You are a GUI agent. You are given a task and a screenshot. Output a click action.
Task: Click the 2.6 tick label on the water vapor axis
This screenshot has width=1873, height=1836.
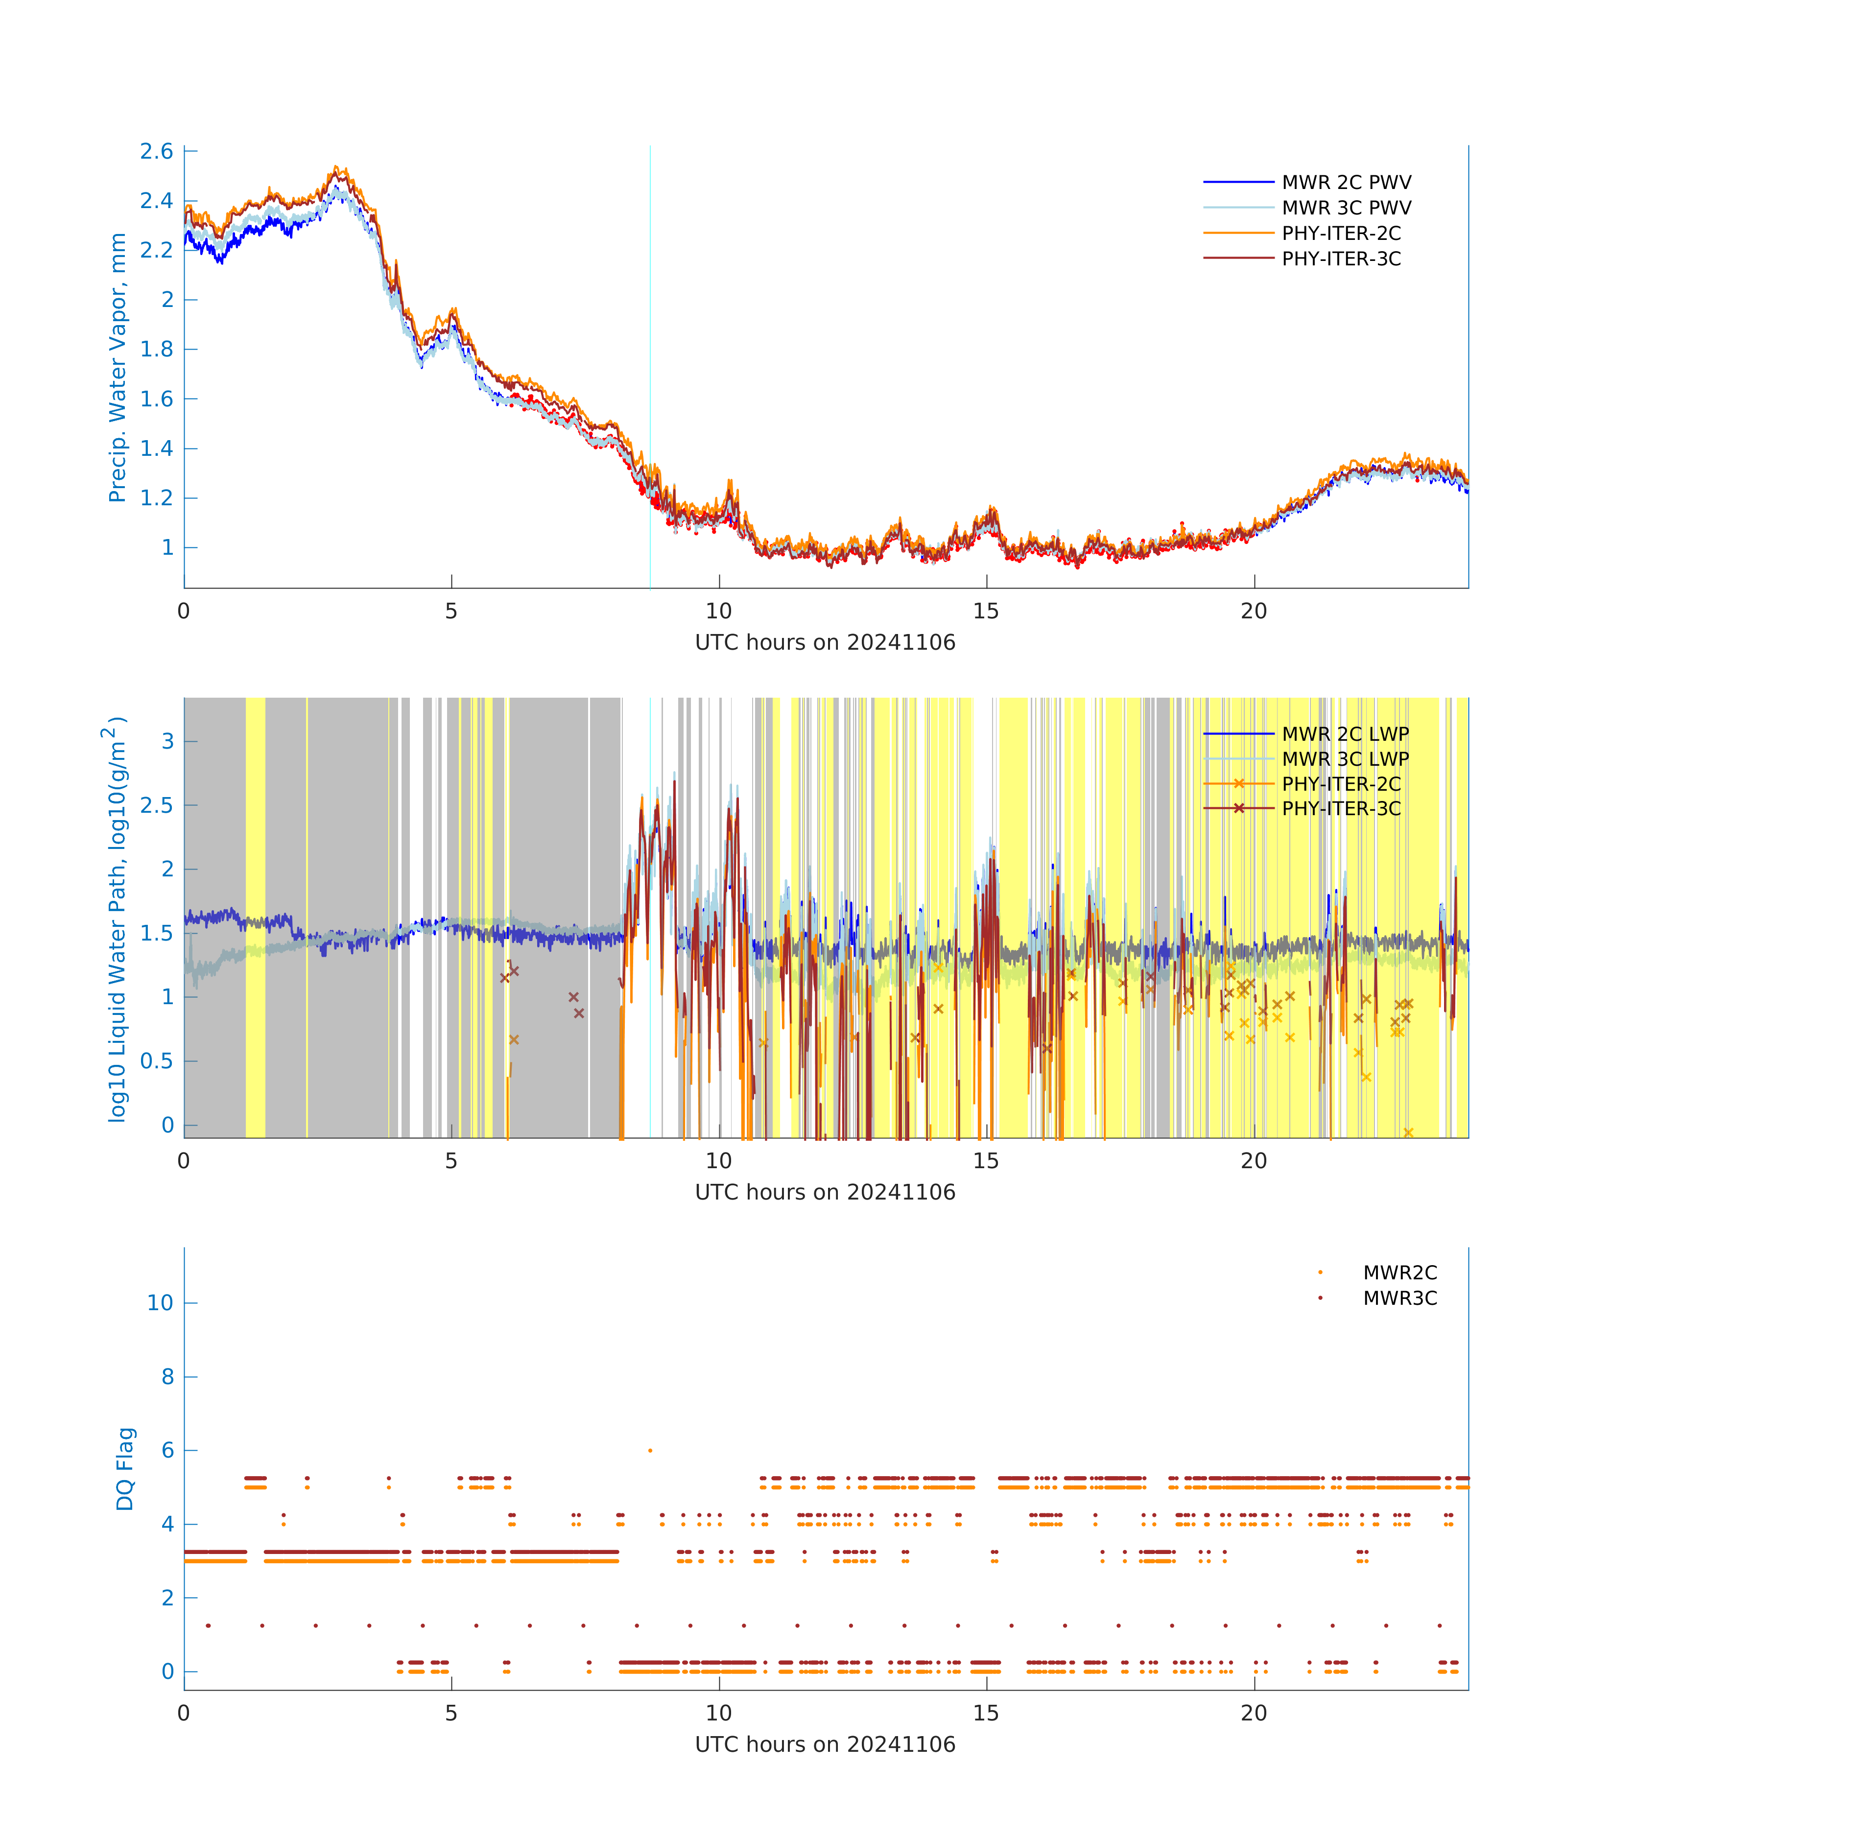(156, 151)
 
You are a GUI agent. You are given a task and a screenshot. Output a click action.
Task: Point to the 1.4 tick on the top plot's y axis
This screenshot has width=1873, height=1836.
(156, 448)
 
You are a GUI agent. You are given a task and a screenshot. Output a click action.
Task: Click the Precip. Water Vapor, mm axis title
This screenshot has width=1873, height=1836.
(118, 367)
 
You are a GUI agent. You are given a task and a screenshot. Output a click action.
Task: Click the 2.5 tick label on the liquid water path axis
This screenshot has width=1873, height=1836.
(156, 805)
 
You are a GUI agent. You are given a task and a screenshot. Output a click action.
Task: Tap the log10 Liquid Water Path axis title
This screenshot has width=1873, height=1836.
(116, 919)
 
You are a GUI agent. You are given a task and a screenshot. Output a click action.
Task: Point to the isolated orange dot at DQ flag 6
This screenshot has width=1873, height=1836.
(650, 1450)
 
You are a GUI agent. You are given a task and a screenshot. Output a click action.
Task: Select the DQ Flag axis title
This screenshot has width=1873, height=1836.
(125, 1469)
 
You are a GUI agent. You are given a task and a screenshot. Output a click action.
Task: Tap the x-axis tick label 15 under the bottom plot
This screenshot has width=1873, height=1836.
(986, 1714)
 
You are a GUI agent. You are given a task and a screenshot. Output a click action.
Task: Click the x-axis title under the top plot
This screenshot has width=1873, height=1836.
(825, 642)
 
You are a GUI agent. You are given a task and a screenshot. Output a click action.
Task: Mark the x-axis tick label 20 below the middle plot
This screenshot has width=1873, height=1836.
(1254, 1161)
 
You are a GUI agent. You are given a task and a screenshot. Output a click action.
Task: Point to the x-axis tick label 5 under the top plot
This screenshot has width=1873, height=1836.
(451, 612)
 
